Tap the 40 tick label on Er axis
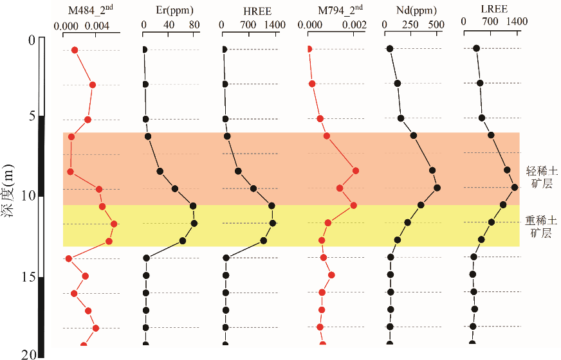[169, 24]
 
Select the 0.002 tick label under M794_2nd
[353, 24]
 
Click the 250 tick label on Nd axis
[410, 24]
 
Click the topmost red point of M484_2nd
[75, 50]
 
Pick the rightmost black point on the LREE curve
[515, 187]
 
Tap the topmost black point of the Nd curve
[390, 49]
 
